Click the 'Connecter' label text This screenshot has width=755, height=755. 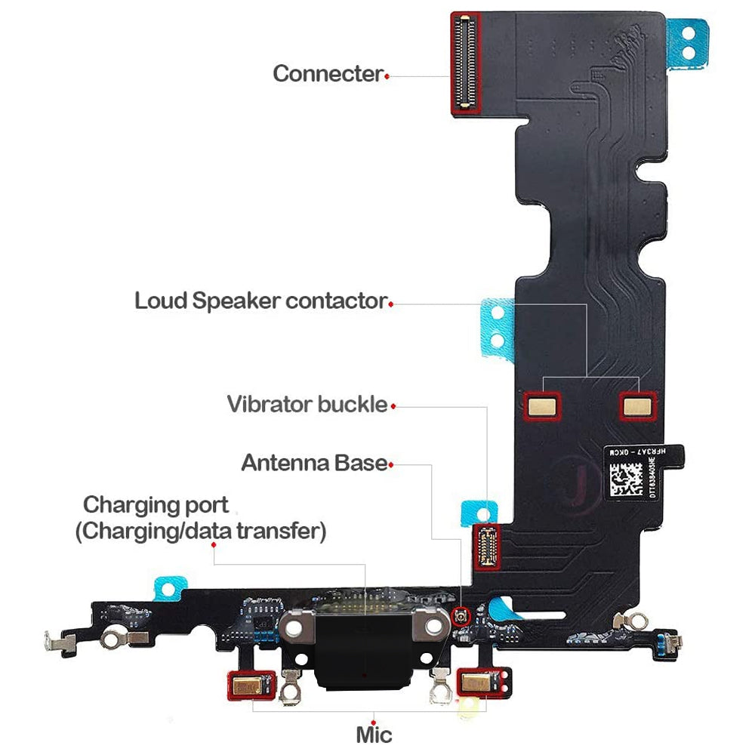coord(327,74)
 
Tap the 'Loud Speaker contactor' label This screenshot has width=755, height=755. coord(260,300)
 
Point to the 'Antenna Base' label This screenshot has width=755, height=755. coord(313,462)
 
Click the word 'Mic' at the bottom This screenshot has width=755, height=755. coord(374,733)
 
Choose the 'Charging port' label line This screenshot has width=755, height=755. coord(156,504)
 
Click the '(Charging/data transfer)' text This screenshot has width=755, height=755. coord(200,532)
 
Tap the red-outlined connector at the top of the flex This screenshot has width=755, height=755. coord(467,63)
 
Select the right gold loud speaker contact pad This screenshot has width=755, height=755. coord(638,406)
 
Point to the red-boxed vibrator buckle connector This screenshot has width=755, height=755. coord(486,546)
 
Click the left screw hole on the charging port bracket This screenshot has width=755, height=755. coord(295,627)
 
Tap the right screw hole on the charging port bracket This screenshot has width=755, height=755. coord(433,627)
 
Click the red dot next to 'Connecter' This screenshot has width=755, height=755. coord(387,76)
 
